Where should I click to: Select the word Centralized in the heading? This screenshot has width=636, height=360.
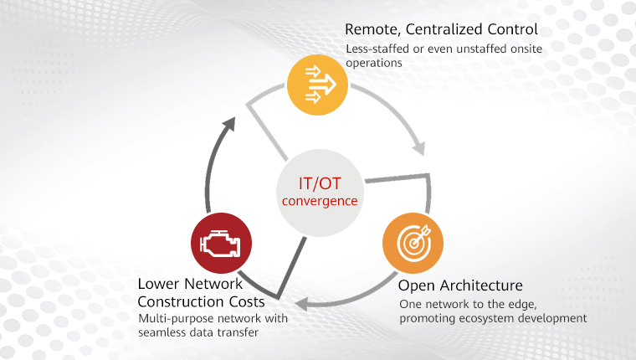click(x=451, y=31)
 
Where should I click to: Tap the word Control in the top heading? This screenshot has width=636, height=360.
click(x=513, y=31)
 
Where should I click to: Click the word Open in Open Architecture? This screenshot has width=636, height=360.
click(x=416, y=285)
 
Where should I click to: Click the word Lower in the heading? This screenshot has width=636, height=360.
click(x=157, y=285)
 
